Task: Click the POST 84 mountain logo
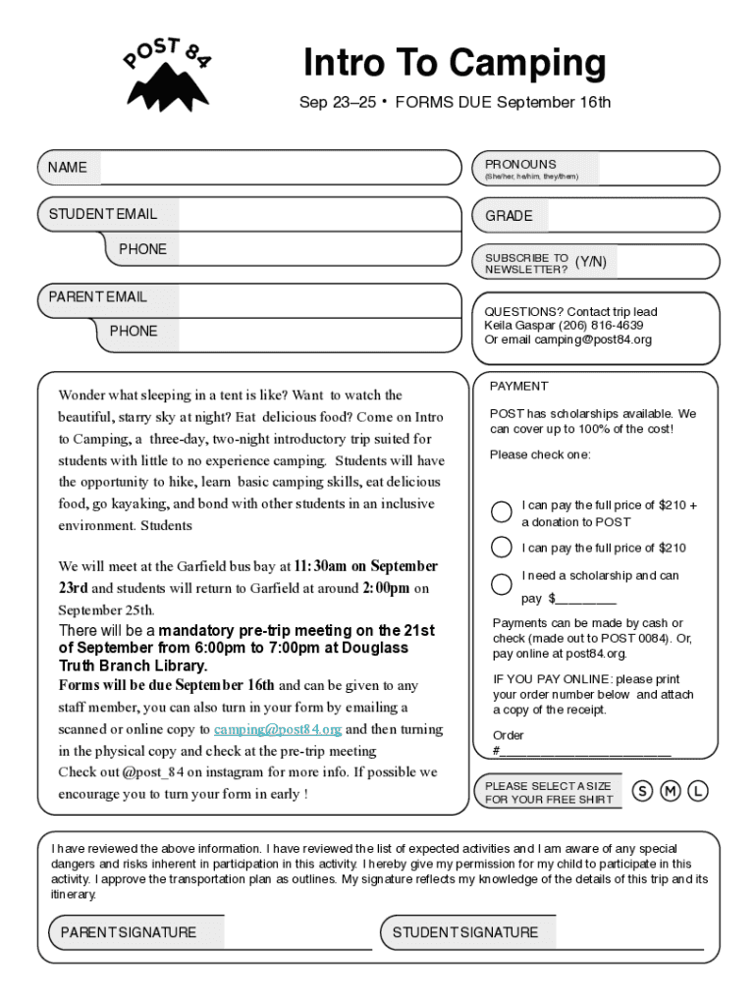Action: coord(167,77)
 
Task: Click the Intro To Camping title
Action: coord(455,64)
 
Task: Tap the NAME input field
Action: coord(279,168)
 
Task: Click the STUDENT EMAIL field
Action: coord(319,215)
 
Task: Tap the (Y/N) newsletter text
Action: coord(590,262)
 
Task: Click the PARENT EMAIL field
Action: coord(304,297)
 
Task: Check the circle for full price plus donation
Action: coord(502,511)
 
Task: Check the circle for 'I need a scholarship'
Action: coord(502,583)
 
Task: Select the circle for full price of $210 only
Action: coord(502,548)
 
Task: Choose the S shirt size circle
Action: coord(643,791)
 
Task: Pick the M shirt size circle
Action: coord(671,791)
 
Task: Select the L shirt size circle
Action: coord(698,791)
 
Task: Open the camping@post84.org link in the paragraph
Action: coord(278,729)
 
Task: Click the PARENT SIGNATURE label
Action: coord(129,932)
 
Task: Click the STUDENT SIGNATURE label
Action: coord(465,932)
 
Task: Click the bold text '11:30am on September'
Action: coord(366,566)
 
